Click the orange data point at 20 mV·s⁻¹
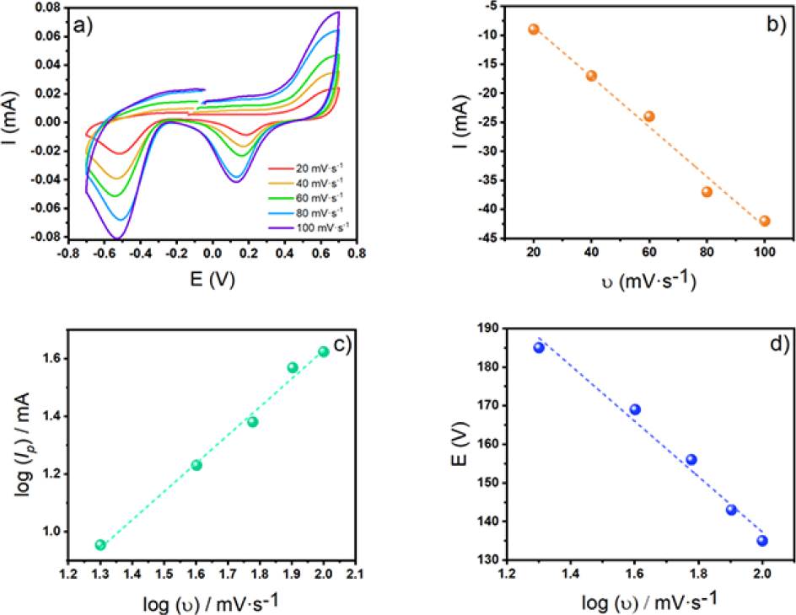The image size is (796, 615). (533, 29)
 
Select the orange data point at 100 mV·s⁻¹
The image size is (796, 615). (765, 221)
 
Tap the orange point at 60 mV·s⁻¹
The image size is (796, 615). (649, 116)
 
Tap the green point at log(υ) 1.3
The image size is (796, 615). (100, 545)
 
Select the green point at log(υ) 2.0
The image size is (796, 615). (323, 351)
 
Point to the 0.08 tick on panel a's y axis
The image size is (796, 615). (52, 8)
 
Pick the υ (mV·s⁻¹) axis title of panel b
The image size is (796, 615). (648, 281)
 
